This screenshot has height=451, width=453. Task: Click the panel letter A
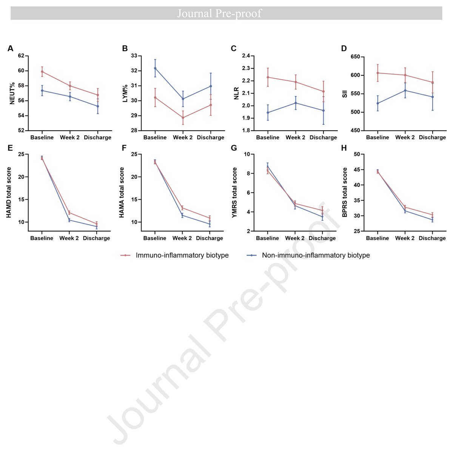click(x=10, y=48)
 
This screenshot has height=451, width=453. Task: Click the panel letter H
click(x=344, y=148)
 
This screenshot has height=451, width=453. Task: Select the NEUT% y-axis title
click(x=12, y=93)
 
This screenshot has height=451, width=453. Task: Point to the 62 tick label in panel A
click(x=21, y=56)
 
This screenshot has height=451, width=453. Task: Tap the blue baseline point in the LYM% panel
click(x=155, y=68)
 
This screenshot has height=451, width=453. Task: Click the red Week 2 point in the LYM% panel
click(x=183, y=117)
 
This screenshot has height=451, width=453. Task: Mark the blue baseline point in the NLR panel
click(x=268, y=112)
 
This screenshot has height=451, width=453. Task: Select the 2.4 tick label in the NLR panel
click(x=246, y=56)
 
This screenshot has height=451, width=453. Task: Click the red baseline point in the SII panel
click(x=377, y=73)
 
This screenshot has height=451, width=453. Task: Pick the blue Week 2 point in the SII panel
click(x=405, y=91)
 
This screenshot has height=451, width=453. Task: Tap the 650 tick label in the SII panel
click(x=355, y=57)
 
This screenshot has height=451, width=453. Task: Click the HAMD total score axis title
click(x=9, y=192)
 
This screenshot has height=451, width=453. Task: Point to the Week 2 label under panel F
click(x=182, y=238)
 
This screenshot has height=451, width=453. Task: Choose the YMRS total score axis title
click(x=234, y=192)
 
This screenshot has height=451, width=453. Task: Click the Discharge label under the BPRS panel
click(x=432, y=238)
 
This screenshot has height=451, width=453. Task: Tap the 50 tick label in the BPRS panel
click(x=357, y=154)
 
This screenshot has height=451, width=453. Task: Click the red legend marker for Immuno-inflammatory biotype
click(x=125, y=255)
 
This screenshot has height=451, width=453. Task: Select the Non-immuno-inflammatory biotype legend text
click(x=316, y=255)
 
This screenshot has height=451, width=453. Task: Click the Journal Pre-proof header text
click(x=219, y=13)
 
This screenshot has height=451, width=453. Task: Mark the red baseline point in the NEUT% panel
click(x=42, y=71)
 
